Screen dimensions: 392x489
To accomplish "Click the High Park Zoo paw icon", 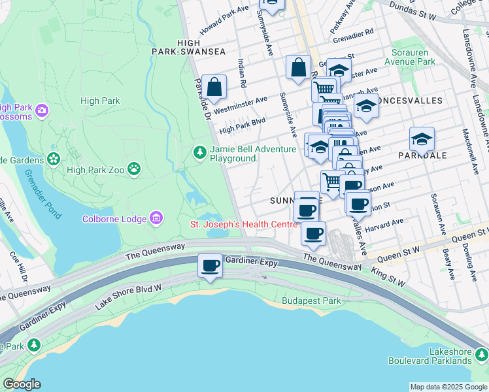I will [134, 169].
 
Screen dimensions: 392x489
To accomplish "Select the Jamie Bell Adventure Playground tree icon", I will [199, 152].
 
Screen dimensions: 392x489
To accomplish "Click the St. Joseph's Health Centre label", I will [243, 224].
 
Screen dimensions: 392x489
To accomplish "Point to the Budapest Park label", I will [312, 301].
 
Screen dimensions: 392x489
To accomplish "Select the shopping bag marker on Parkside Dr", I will [214, 86].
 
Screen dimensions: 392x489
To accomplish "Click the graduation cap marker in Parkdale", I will [422, 139].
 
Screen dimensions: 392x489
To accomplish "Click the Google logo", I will [21, 384].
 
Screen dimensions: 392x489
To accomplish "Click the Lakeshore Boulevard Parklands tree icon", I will [481, 355].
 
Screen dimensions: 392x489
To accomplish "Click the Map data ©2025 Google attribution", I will [448, 387].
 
